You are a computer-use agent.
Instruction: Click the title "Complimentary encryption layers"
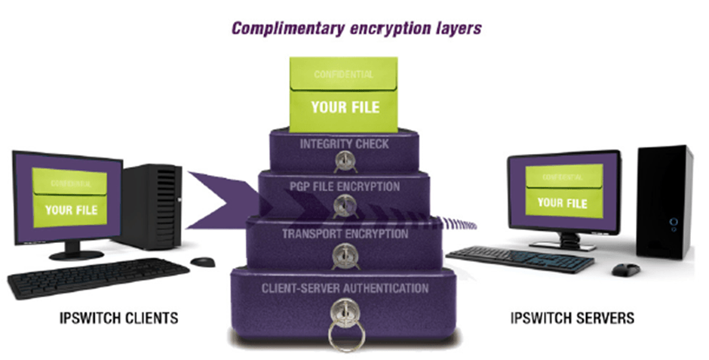click(356, 29)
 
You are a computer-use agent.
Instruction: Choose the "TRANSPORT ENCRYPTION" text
click(345, 233)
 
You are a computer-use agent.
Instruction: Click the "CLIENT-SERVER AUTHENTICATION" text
click(345, 288)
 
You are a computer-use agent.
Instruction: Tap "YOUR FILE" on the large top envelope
click(345, 106)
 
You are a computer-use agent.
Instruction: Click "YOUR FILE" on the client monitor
click(72, 209)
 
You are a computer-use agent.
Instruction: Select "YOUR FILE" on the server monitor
click(562, 202)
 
